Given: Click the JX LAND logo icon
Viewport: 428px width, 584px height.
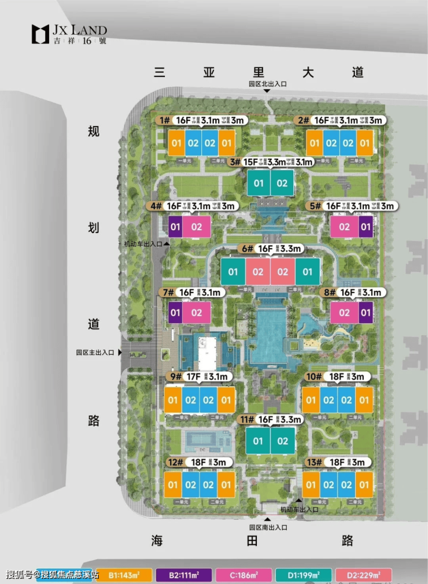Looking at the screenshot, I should (x=41, y=34).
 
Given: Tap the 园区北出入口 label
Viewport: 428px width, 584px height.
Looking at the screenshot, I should (x=268, y=84).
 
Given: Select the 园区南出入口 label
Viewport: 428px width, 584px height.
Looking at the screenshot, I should (x=268, y=527).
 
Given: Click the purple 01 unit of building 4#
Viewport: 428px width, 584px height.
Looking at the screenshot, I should (x=175, y=227).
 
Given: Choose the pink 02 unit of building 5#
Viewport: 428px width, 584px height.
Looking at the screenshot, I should (x=344, y=227).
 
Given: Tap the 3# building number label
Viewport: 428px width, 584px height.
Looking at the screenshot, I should (x=235, y=162).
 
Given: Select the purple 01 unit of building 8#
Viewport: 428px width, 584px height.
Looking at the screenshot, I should (x=366, y=313).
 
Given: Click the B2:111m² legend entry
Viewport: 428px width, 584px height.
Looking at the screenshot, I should (x=185, y=575).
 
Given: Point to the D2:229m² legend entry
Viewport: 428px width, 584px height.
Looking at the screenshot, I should (x=364, y=575).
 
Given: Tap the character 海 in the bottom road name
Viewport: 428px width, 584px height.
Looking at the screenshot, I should (x=157, y=541).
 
